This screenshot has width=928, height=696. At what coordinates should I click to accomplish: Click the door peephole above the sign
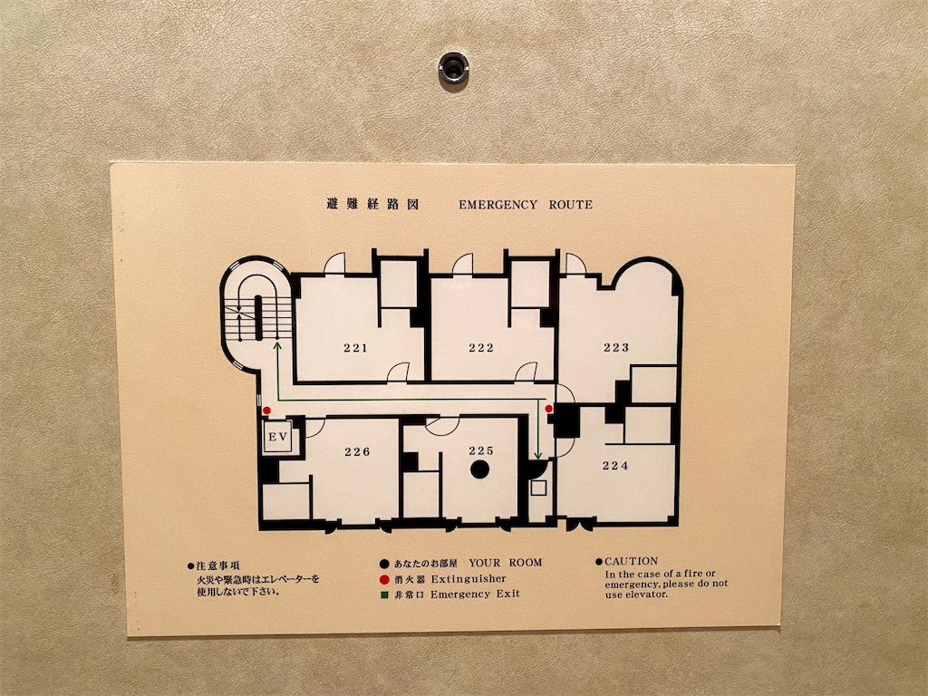[x=453, y=67]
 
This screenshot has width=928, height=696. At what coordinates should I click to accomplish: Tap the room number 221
[x=355, y=348]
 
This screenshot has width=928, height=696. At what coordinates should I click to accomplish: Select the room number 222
[x=481, y=348]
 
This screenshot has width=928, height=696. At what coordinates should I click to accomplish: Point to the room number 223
[x=616, y=347]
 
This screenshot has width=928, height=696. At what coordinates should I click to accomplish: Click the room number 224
[x=615, y=466]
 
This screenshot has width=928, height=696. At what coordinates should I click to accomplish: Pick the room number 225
[x=481, y=451]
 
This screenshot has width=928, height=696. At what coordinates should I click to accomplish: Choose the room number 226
[x=357, y=452]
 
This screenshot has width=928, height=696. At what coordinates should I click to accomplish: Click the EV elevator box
[x=278, y=438]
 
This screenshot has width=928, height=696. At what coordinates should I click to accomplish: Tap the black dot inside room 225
[x=480, y=469]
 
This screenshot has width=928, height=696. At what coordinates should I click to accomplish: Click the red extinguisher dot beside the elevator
[x=267, y=411]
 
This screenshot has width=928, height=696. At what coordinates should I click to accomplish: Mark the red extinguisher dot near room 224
[x=548, y=409]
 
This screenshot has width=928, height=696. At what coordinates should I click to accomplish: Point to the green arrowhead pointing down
[x=538, y=455]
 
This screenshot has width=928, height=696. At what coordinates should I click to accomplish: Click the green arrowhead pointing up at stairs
[x=276, y=345]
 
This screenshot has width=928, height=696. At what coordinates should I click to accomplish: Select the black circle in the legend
[x=384, y=564]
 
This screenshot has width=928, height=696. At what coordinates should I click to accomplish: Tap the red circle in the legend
[x=384, y=579]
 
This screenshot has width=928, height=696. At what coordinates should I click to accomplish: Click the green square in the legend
[x=384, y=594]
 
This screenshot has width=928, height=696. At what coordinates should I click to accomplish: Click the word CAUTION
[x=631, y=561]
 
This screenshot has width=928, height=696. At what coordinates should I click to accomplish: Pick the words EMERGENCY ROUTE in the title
[x=526, y=205]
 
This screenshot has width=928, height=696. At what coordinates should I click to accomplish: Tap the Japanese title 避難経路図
[x=372, y=204]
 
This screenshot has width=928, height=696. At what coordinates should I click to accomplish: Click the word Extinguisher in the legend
[x=469, y=578]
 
